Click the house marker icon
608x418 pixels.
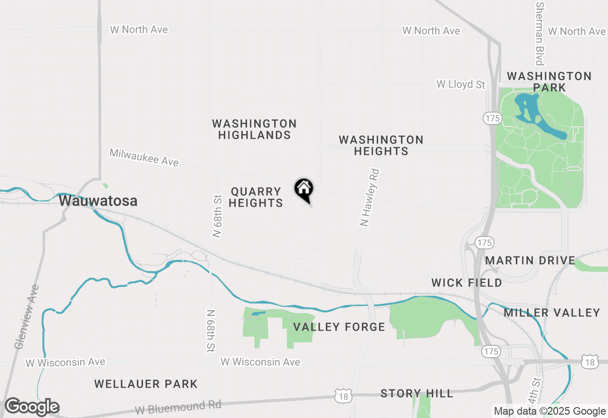[304, 189]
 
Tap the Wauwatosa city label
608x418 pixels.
[98, 201]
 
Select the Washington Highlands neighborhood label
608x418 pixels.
[255, 129]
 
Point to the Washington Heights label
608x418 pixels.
[381, 145]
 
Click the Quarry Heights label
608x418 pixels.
[256, 197]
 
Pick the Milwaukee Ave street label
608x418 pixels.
[144, 157]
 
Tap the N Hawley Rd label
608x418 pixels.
[370, 197]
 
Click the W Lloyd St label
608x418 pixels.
[461, 85]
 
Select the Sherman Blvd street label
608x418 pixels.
[540, 33]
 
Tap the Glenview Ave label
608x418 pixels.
[26, 316]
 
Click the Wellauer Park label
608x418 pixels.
[146, 384]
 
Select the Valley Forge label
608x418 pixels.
[339, 327]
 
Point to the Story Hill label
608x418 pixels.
[417, 393]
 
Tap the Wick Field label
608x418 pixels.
[466, 283]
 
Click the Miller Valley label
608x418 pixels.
[552, 313]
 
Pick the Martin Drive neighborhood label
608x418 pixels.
[530, 260]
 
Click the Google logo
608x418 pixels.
[31, 407]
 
